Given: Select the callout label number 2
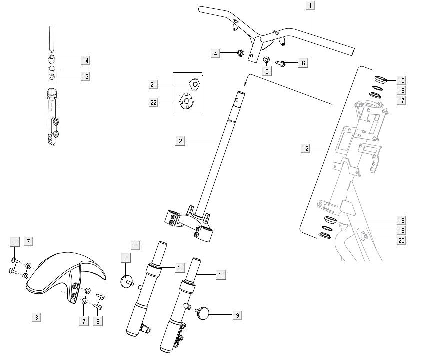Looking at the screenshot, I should [180, 141].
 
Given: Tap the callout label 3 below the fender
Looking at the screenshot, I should [36, 317].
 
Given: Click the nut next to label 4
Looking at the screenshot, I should [239, 52].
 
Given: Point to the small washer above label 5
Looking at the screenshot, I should [266, 60].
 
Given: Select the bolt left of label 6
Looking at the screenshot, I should [280, 63].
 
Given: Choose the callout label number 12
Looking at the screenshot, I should [306, 148].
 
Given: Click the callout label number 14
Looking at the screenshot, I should [85, 60].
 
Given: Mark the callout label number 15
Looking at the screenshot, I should [401, 80].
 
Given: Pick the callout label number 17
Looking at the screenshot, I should [401, 100].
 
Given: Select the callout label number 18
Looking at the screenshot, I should [401, 220].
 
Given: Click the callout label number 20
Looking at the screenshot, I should [401, 241].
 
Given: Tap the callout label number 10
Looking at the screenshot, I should [221, 274].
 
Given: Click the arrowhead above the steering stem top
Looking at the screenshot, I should [246, 85].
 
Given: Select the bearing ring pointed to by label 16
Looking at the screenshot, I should [377, 88].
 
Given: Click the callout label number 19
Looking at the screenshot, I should [401, 231].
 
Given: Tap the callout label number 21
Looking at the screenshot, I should [153, 85].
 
